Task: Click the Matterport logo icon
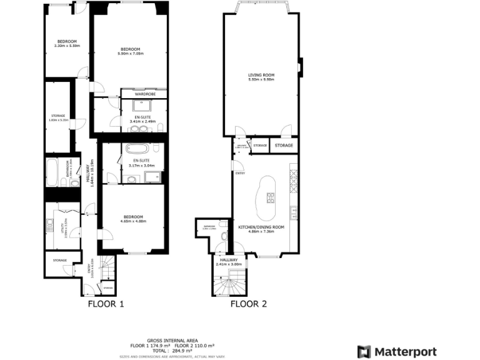(363, 352)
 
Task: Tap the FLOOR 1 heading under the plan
(106, 304)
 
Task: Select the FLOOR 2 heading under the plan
(249, 304)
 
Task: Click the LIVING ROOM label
(261, 75)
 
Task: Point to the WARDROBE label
(144, 94)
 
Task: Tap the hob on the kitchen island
(271, 199)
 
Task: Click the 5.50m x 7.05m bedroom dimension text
(130, 54)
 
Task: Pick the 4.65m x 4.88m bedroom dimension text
(133, 221)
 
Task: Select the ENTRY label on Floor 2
(240, 174)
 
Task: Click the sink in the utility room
(47, 222)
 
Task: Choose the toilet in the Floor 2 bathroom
(224, 236)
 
